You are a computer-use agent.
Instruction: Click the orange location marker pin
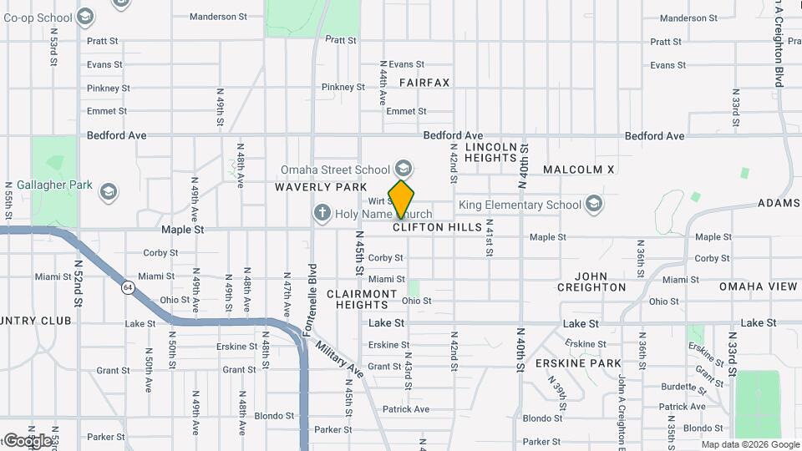click(x=401, y=199)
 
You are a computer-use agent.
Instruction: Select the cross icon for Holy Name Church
click(x=322, y=214)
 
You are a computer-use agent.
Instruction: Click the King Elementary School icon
click(x=594, y=205)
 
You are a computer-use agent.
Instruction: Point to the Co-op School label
click(x=38, y=17)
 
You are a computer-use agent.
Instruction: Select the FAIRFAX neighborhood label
click(x=424, y=83)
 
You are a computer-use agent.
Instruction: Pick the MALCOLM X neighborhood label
click(x=578, y=170)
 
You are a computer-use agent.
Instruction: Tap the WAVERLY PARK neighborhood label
click(x=309, y=188)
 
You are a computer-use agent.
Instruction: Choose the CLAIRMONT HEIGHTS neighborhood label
click(x=362, y=300)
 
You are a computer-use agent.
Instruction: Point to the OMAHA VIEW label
click(x=759, y=286)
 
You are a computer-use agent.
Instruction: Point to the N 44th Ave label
click(x=383, y=82)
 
